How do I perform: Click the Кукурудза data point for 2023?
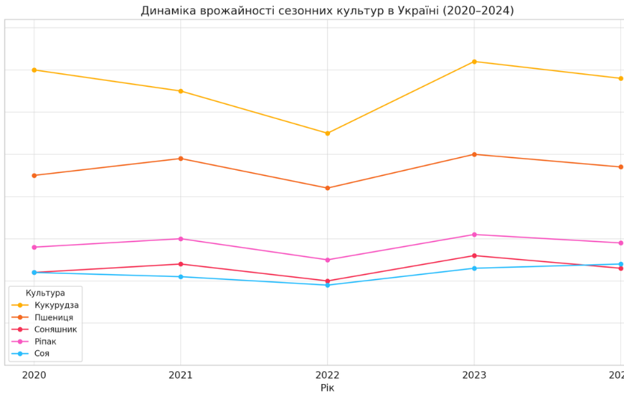474,61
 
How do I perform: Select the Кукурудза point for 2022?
327,133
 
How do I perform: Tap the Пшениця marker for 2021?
180,159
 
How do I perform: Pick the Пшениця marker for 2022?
327,188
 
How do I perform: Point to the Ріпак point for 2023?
474,234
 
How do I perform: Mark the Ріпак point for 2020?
34,247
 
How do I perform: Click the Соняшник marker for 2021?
180,264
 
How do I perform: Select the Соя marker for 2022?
327,285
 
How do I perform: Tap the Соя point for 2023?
474,268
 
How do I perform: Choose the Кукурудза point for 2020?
34,70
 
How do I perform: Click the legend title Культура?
45,293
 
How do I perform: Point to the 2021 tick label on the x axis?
180,375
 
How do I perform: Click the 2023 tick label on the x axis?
474,375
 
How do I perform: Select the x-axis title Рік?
327,388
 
